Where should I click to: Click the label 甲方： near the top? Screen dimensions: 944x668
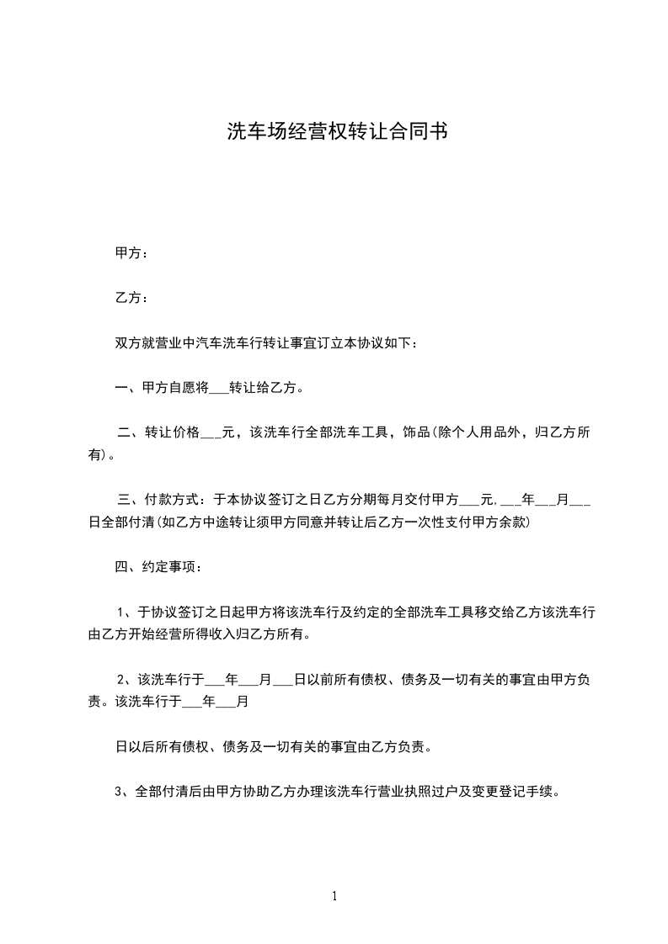(131, 252)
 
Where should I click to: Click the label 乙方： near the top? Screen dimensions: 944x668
(131, 298)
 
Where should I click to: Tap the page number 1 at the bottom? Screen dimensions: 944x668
(334, 897)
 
